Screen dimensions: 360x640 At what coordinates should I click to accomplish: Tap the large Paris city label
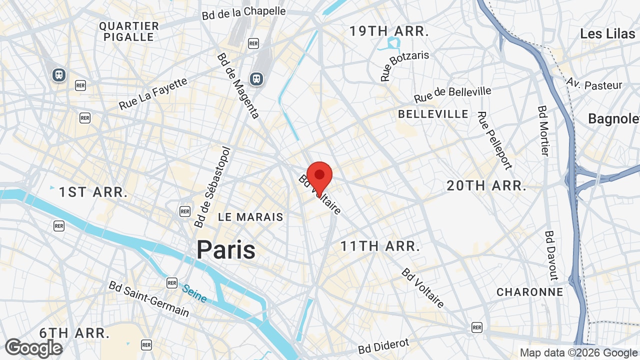[225, 249]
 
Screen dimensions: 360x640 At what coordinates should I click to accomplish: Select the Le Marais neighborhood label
[250, 217]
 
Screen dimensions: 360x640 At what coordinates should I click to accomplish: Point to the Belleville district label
[433, 114]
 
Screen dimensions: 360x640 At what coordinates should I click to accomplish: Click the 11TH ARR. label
[380, 246]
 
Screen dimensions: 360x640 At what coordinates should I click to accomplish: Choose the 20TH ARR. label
[486, 186]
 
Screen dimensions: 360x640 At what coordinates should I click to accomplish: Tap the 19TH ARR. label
[389, 31]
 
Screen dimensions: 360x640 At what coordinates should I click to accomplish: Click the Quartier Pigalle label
[128, 31]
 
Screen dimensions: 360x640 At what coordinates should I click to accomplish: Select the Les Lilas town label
[607, 33]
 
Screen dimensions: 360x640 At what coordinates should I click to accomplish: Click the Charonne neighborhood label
[529, 292]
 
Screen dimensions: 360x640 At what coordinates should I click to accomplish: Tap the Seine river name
[194, 293]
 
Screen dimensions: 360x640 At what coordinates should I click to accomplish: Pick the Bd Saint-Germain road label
[149, 298]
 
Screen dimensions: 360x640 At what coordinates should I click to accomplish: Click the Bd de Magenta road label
[238, 85]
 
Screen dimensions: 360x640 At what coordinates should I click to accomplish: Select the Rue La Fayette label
[153, 93]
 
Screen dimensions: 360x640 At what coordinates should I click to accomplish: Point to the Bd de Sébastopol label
[213, 187]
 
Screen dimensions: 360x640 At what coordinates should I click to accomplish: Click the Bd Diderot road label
[383, 346]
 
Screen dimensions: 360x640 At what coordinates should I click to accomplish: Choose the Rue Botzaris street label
[404, 65]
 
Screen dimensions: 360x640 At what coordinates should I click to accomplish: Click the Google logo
[33, 348]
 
